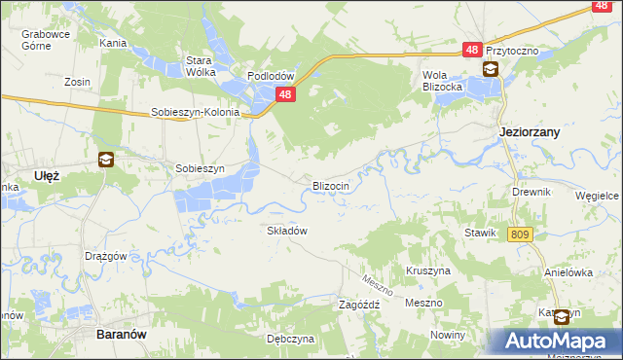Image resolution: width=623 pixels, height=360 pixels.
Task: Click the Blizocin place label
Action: point(337,185)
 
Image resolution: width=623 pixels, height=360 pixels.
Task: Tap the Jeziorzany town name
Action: point(529,131)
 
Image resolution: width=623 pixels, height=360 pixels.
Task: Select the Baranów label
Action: point(123,334)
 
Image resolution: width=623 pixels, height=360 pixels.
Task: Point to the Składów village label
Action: point(287,231)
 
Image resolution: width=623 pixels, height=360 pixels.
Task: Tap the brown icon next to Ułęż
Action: point(105,161)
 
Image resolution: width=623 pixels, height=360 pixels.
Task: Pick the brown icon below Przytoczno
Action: point(491,69)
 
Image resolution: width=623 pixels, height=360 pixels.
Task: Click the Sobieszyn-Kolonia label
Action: point(195,112)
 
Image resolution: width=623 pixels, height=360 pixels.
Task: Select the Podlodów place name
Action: point(271,76)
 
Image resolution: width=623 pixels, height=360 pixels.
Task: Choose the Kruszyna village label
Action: point(427,270)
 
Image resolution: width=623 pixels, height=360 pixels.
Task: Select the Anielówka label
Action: point(569,272)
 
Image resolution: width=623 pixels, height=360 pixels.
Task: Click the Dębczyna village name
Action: point(291,339)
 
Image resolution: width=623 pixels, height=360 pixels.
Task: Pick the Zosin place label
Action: point(78,82)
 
